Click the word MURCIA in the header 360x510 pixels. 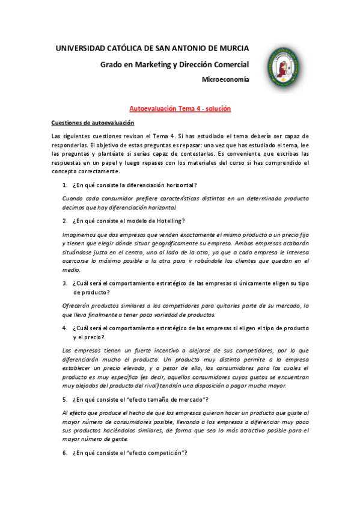[x=233, y=48]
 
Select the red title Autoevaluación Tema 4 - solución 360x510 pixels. [x=180, y=108]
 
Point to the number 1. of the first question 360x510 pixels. [x=66, y=184]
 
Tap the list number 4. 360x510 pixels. [x=66, y=328]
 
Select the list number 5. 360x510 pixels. [x=66, y=399]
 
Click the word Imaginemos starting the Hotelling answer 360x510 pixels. [x=80, y=235]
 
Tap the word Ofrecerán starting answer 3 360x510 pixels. [x=78, y=306]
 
